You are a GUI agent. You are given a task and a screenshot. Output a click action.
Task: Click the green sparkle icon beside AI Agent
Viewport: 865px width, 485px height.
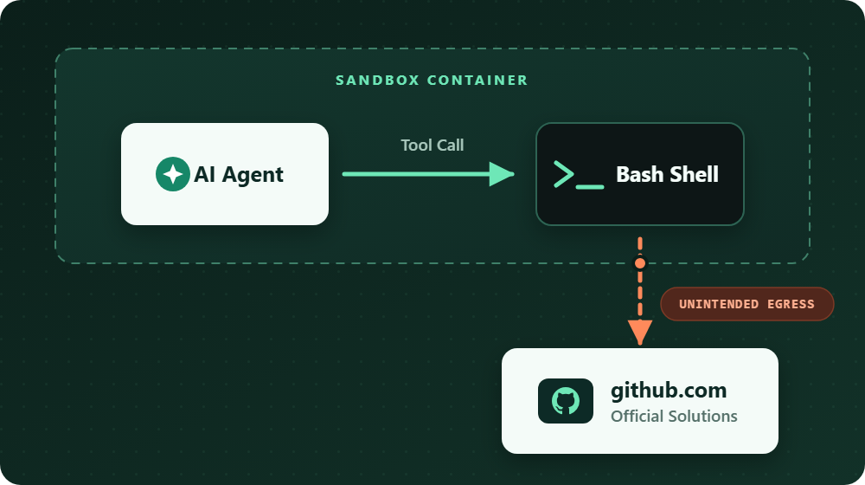[173, 174]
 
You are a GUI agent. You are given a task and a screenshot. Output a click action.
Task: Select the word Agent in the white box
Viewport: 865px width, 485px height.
[253, 176]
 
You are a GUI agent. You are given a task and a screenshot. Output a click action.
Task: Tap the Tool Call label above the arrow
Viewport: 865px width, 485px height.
[432, 145]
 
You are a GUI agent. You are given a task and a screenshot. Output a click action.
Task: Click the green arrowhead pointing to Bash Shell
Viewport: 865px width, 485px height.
[502, 174]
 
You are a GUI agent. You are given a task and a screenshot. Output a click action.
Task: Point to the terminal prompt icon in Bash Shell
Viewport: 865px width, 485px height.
[579, 175]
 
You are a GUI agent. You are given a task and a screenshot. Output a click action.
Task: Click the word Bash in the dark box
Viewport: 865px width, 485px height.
[640, 175]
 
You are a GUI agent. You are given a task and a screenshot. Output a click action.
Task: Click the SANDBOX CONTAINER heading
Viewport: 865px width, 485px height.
[432, 80]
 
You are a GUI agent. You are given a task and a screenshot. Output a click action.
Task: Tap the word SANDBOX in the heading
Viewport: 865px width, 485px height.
[378, 80]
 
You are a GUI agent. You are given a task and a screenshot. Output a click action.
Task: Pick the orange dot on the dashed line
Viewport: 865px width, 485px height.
[640, 263]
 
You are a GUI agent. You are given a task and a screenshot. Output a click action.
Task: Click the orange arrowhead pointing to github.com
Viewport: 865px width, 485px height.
[640, 333]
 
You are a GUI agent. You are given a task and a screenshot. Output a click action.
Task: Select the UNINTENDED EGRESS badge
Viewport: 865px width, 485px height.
[747, 304]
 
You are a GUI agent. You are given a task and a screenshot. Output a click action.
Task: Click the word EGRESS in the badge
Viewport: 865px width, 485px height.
[791, 304]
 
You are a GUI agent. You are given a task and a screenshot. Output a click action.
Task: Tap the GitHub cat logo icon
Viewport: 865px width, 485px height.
[566, 401]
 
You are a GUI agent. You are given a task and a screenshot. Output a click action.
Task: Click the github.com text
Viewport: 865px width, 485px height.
[669, 390]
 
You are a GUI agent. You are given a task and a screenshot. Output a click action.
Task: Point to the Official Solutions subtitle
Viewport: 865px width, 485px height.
[674, 416]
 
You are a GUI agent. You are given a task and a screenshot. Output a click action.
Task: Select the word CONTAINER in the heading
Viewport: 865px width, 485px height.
[477, 80]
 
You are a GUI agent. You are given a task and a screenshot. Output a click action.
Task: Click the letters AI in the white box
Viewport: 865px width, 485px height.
[204, 175]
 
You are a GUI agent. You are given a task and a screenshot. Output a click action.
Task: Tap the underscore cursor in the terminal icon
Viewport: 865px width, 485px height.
[590, 187]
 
